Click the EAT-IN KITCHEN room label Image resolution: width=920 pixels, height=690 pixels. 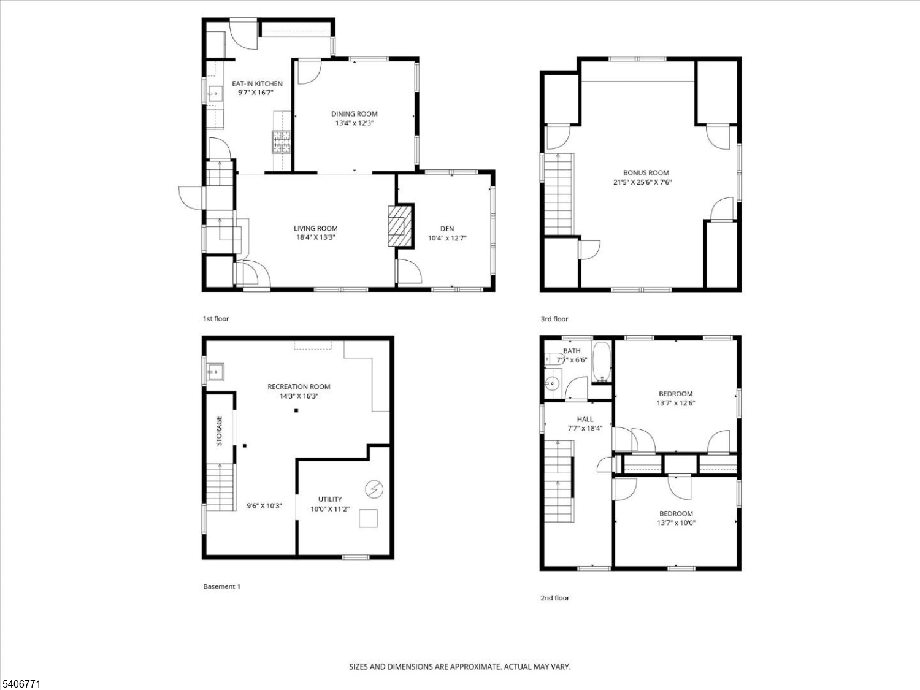click(257, 83)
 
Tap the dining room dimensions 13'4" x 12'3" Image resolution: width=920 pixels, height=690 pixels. click(355, 123)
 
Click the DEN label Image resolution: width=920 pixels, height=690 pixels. click(447, 229)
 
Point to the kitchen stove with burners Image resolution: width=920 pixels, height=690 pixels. click(282, 142)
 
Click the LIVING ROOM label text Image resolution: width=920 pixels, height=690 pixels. click(315, 229)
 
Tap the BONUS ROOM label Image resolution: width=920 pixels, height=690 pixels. click(646, 173)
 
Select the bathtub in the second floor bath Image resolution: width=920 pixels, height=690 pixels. click(602, 361)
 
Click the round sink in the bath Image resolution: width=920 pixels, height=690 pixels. click(553, 385)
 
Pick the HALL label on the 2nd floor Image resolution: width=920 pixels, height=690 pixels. click(585, 420)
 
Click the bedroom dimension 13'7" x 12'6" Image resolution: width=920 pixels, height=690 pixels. click(675, 404)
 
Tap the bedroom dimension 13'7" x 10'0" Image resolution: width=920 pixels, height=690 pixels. click(676, 523)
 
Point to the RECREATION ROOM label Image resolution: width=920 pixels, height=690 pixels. click(299, 386)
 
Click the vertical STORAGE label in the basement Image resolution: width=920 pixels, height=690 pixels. click(219, 431)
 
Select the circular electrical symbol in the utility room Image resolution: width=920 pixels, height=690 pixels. click(372, 489)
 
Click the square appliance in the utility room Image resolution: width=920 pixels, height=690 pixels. click(369, 518)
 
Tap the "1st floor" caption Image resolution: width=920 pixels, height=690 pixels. click(216, 319)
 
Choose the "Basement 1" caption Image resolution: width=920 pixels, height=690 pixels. click(221, 587)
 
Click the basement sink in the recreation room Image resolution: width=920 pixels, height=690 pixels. click(215, 372)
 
